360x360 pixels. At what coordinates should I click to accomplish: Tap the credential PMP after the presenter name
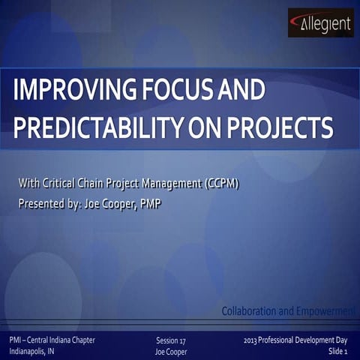[x=148, y=203]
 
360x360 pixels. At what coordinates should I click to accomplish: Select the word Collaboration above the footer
[x=251, y=310]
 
